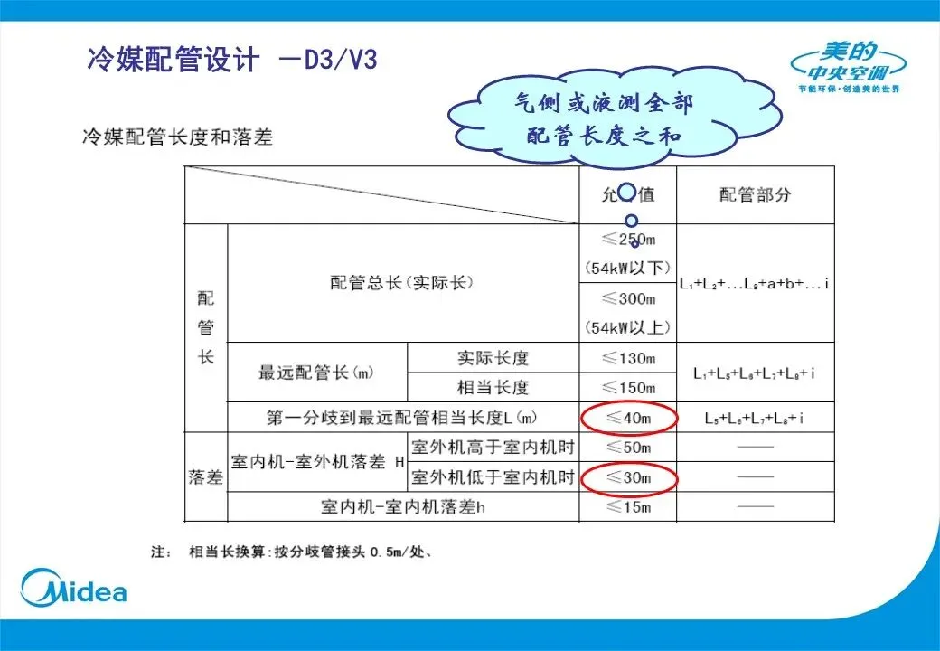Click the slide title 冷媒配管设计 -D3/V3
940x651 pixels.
point(231,61)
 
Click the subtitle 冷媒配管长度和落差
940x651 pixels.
point(177,137)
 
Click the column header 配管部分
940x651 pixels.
point(756,194)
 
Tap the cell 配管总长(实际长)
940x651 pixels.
point(402,282)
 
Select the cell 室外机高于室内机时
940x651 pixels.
point(493,447)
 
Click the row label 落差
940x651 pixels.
point(206,477)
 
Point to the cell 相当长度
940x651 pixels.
point(493,387)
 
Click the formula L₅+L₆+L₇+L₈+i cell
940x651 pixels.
point(755,418)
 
